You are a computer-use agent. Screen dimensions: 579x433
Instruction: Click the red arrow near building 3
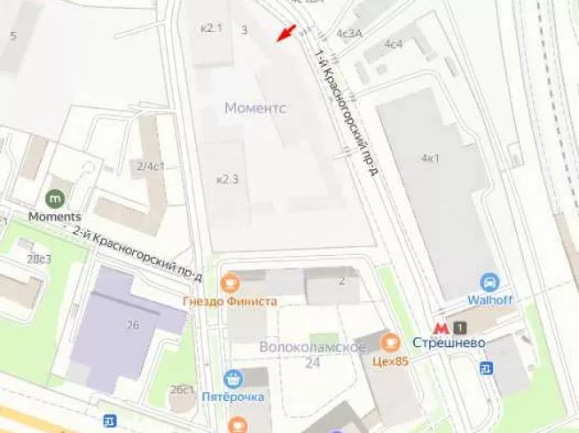[284, 33]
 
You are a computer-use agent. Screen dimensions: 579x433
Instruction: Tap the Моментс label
[255, 108]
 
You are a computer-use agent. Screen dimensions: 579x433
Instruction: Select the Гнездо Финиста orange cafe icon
[231, 282]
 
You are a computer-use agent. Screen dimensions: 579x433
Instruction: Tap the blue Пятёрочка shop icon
[233, 378]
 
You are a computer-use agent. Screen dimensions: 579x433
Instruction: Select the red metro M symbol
[441, 328]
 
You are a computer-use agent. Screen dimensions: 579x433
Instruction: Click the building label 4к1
[431, 159]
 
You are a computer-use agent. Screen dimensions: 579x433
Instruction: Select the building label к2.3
[228, 179]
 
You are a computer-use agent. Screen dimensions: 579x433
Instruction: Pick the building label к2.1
[211, 28]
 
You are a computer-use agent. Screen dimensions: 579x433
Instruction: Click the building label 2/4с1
[150, 166]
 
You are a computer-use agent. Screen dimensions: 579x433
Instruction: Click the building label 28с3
[39, 259]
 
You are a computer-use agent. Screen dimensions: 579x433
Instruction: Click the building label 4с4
[393, 43]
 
